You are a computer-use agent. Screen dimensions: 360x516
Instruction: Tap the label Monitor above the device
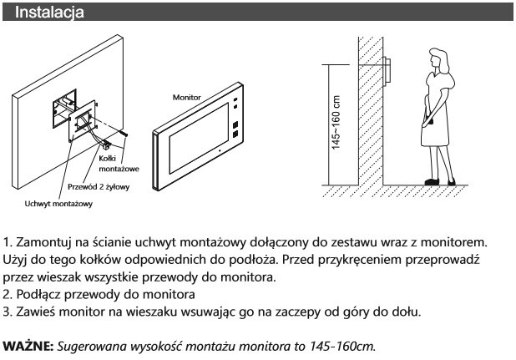187,97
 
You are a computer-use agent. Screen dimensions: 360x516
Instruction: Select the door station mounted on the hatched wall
387,69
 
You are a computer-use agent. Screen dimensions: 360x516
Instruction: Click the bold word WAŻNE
28,345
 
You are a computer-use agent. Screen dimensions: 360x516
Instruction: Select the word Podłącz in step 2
41,295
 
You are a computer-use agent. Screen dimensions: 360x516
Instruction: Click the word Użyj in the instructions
18,260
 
